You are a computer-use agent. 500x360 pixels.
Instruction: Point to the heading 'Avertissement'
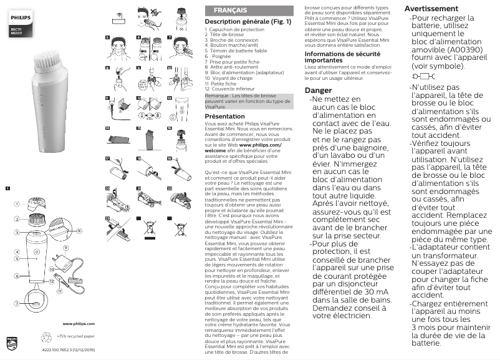point(432,9)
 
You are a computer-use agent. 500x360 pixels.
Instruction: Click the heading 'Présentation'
point(225,117)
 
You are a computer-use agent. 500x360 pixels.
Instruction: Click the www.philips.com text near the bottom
point(79,324)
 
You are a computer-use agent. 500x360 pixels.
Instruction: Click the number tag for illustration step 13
point(170,98)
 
